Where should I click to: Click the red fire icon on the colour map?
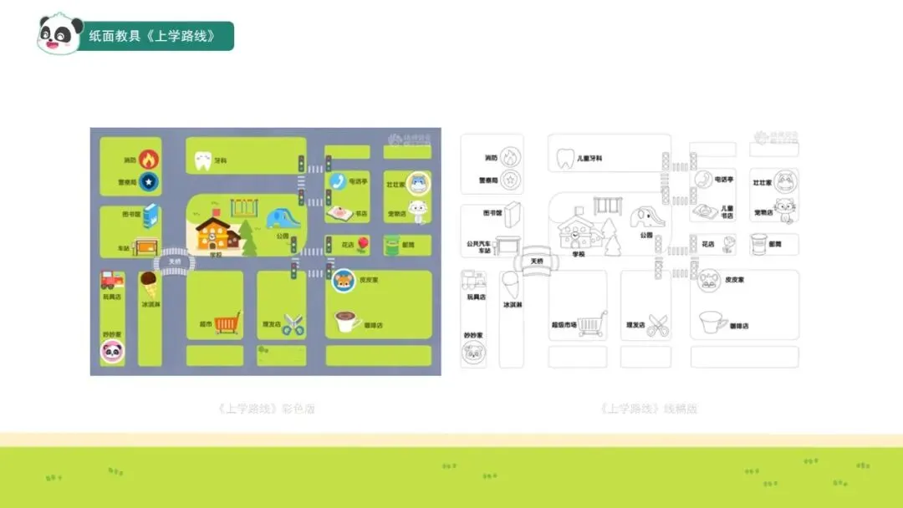click(x=148, y=159)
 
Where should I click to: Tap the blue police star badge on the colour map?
click(x=148, y=180)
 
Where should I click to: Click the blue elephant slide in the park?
click(x=283, y=219)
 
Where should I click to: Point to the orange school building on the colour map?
click(x=217, y=233)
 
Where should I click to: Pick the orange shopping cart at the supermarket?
click(x=227, y=323)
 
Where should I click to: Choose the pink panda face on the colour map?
click(x=112, y=352)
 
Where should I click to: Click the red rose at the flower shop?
click(x=363, y=245)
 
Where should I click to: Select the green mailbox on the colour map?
click(x=391, y=246)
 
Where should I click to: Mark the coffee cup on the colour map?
click(x=346, y=321)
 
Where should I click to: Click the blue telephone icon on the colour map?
click(x=337, y=181)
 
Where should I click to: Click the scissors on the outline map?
click(x=658, y=326)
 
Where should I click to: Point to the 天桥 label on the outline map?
click(x=536, y=261)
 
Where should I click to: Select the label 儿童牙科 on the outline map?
click(x=589, y=158)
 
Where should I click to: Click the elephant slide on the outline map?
click(x=647, y=219)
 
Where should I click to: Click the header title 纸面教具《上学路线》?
click(x=152, y=36)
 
